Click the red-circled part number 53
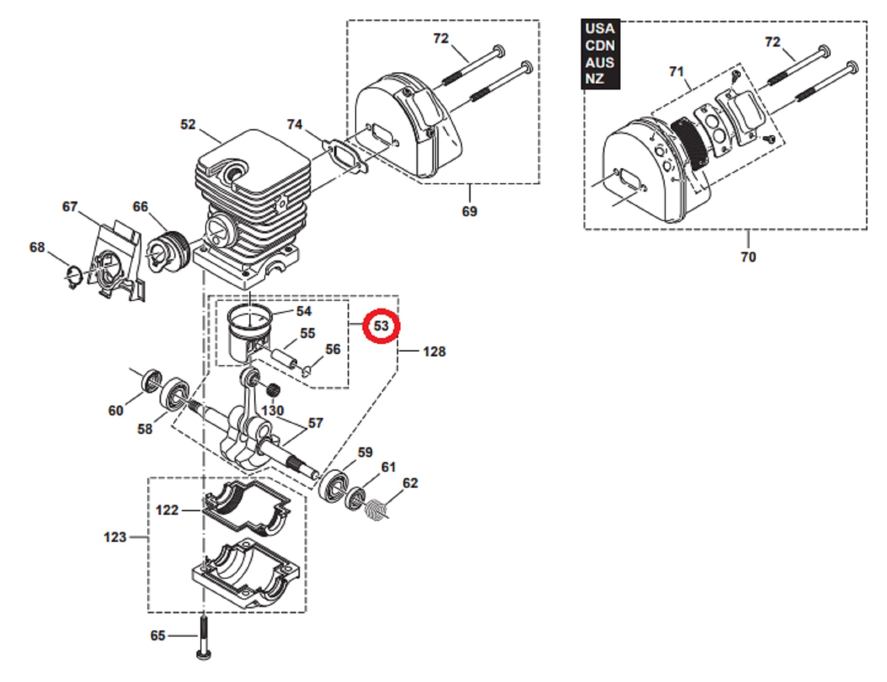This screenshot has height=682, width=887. (x=381, y=326)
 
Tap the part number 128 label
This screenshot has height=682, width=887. (x=434, y=352)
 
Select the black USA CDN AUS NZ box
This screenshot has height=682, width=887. (x=600, y=54)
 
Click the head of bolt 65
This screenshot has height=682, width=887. (x=203, y=654)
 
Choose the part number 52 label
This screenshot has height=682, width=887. (x=188, y=125)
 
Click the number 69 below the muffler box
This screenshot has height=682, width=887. (x=469, y=211)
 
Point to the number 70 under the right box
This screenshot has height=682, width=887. (x=748, y=257)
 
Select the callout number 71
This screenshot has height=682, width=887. (x=676, y=71)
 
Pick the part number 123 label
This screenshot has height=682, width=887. (x=115, y=537)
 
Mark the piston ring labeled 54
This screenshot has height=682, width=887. (x=248, y=317)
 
